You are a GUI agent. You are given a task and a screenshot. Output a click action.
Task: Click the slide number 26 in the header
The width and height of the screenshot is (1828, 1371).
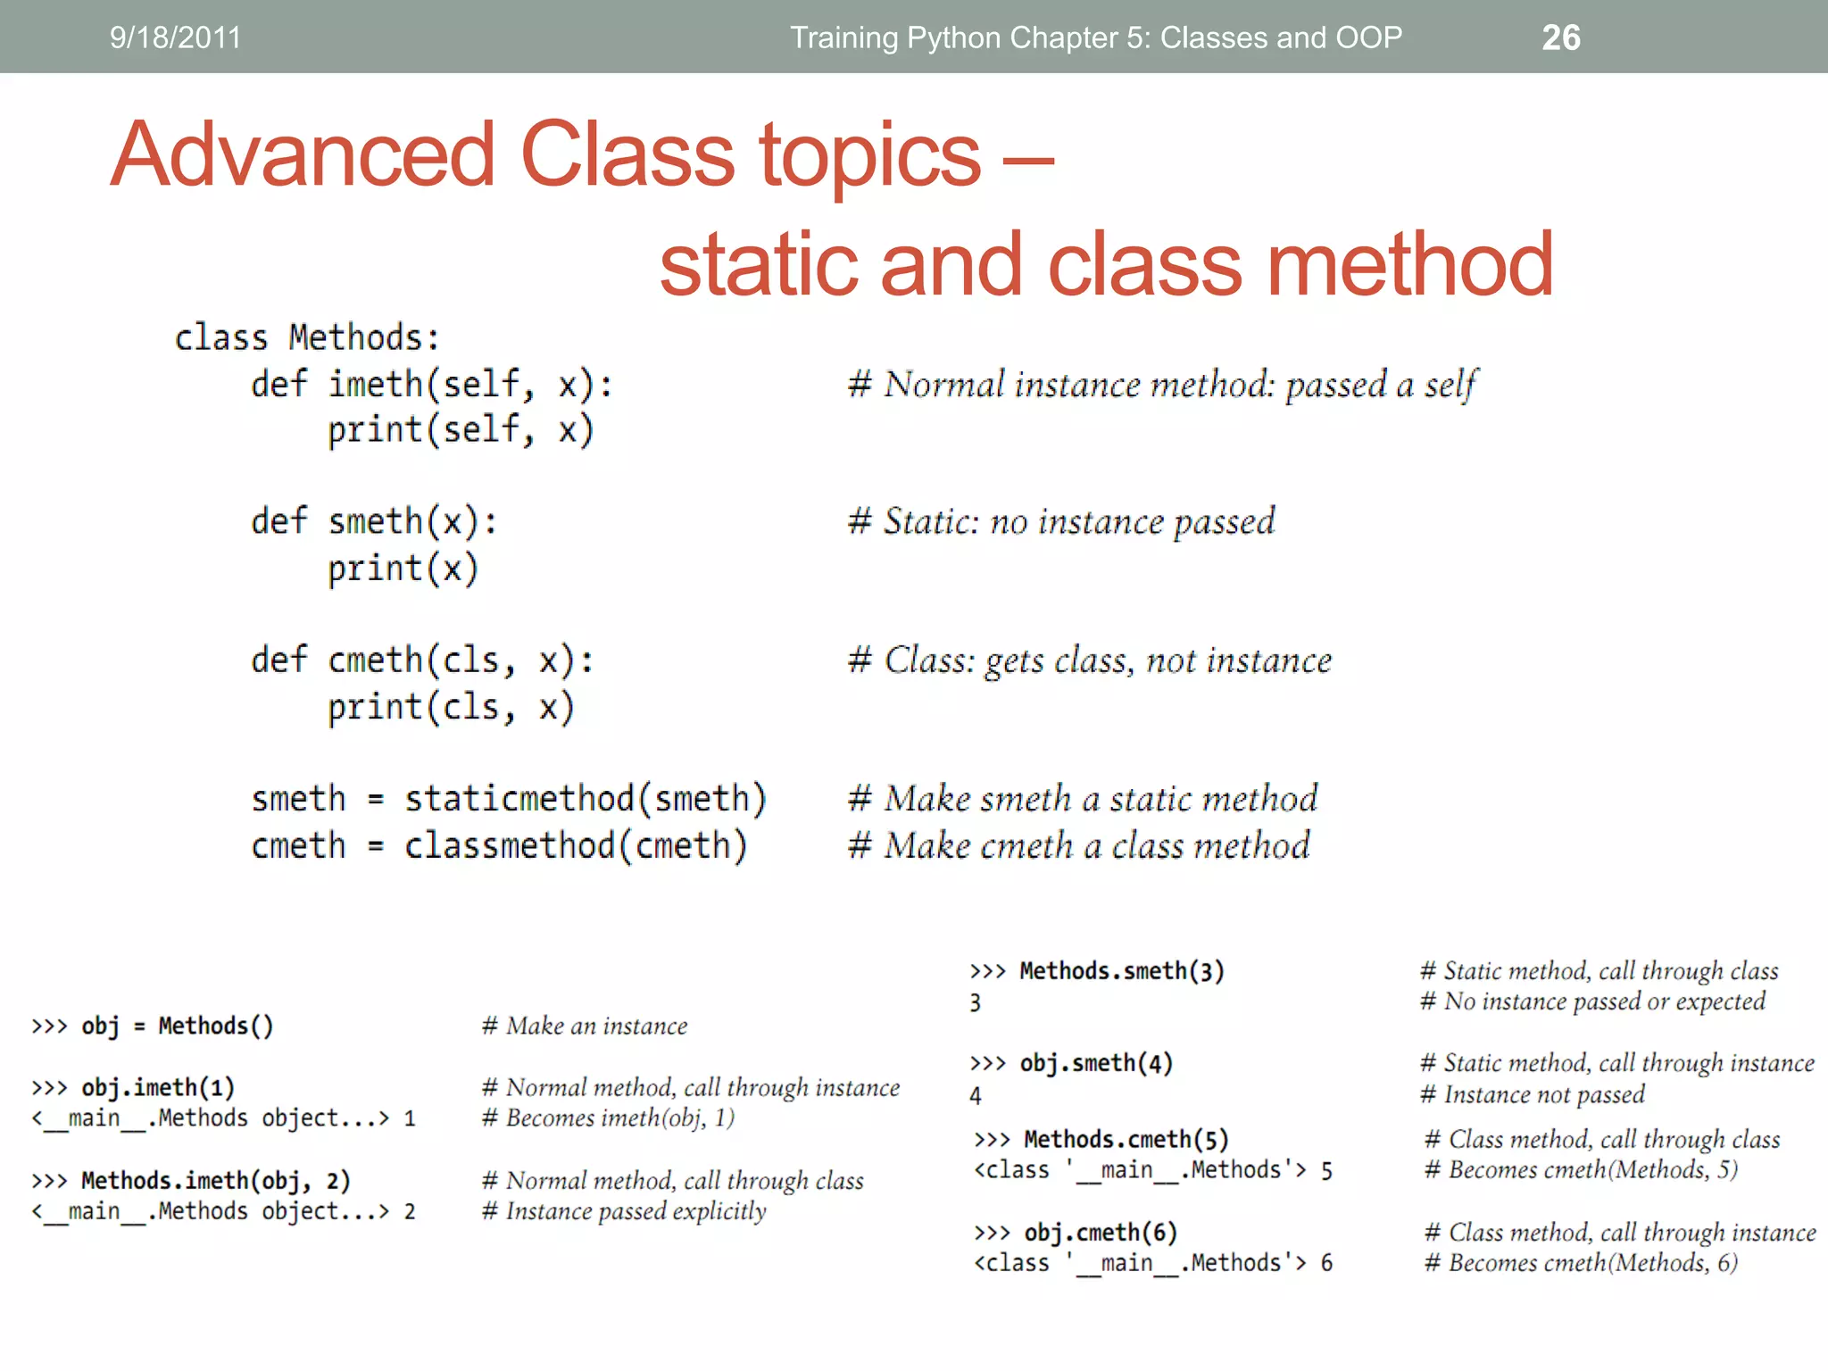pos(1560,37)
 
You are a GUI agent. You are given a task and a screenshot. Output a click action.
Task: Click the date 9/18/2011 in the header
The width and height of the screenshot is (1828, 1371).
pos(175,37)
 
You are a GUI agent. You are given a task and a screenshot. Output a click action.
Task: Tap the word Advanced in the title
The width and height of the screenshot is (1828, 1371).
pos(303,155)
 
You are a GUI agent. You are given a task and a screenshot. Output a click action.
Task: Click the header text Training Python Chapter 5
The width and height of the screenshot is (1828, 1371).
pos(1095,37)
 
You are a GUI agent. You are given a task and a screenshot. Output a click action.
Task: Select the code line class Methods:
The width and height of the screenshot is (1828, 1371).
pos(307,338)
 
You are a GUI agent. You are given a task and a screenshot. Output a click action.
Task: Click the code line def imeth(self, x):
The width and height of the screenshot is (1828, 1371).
pos(431,385)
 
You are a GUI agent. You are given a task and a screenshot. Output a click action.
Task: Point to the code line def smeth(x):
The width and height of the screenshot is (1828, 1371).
pos(374,521)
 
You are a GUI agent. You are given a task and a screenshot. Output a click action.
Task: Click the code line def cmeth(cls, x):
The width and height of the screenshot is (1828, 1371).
pos(421,661)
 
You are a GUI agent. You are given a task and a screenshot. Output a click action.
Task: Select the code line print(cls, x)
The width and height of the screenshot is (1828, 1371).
pos(450,708)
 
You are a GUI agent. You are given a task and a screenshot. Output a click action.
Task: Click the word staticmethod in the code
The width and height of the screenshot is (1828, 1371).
pos(519,799)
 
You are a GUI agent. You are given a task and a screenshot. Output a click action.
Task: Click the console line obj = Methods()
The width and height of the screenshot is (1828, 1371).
pos(153,1026)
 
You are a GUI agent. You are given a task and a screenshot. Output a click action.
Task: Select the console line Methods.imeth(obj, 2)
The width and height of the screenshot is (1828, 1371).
pos(192,1181)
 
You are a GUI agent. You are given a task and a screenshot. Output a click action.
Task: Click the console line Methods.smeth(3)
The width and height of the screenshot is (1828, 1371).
pos(1098,971)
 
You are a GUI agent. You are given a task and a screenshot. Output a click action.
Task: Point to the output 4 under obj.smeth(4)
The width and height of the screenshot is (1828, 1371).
pos(976,1095)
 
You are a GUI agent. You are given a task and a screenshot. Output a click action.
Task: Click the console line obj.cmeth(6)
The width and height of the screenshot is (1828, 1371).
pos(1076,1233)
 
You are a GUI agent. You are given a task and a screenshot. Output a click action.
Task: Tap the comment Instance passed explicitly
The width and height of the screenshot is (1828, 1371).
pos(625,1212)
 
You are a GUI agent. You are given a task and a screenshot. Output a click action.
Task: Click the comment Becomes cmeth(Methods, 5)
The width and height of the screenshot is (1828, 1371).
pos(1582,1170)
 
